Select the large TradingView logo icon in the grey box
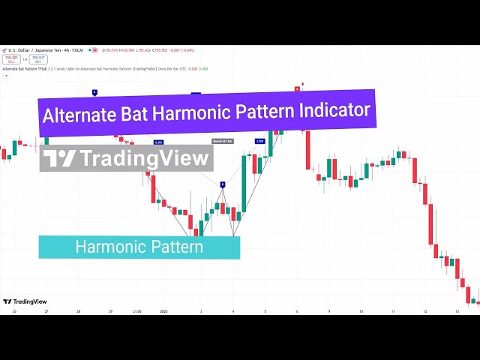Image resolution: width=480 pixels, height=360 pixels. (59, 158)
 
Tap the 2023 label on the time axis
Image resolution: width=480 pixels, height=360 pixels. (164, 310)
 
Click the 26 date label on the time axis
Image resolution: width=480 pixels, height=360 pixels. (13, 310)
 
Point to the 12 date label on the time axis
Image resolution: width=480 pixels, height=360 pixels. (425, 310)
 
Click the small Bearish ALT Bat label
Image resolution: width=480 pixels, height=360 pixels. (223, 141)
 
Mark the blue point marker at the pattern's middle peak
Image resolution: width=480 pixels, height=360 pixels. (222, 184)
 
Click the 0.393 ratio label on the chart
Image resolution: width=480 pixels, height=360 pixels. (158, 142)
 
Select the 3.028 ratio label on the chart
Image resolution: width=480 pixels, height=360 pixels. (259, 141)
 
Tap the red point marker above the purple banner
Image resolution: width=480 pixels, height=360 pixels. (297, 88)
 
